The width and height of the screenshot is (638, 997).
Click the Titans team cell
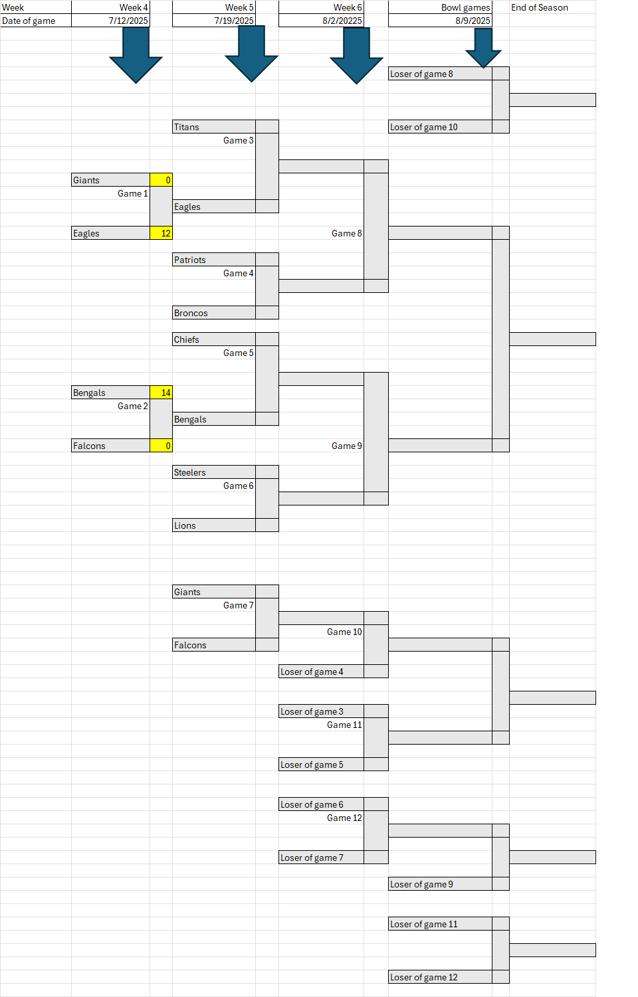click(214, 127)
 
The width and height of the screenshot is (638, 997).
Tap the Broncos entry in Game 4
click(214, 313)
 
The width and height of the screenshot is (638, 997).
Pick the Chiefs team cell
click(214, 339)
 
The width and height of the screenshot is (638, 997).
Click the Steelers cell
click(214, 472)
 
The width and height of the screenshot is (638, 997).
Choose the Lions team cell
click(214, 525)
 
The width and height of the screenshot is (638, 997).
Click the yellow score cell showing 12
click(161, 233)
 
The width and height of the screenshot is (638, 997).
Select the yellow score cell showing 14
click(161, 393)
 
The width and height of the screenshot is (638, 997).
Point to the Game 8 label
click(346, 233)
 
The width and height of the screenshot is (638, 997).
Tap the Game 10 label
click(344, 632)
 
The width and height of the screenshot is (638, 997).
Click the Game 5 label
click(238, 353)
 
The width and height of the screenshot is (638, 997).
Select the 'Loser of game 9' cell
click(440, 884)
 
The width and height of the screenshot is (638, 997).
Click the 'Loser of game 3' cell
click(321, 711)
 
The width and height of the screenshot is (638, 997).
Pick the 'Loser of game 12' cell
click(440, 977)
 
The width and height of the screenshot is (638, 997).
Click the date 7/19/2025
click(234, 21)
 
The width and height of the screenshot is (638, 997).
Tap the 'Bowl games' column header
click(465, 7)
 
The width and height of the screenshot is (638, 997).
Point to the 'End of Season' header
click(539, 7)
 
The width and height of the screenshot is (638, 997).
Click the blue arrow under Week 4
click(136, 54)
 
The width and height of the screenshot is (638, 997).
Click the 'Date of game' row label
click(29, 21)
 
